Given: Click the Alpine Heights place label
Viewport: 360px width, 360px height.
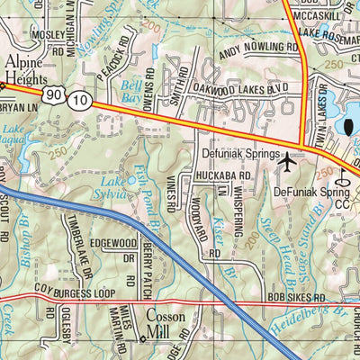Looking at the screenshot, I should pyautogui.click(x=24, y=70).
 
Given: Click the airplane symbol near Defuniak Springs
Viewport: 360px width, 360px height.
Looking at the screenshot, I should pyautogui.click(x=287, y=163).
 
